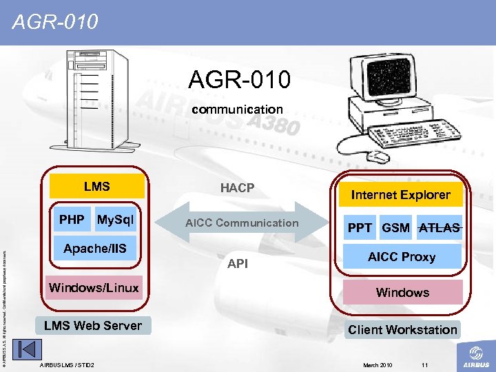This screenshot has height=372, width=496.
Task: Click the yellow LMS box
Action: click(96, 187)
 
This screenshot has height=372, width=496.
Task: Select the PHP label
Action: click(72, 220)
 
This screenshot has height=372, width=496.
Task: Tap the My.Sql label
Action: click(116, 220)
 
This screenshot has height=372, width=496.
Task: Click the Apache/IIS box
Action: click(95, 249)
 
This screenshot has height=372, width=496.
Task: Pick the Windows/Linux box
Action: click(93, 288)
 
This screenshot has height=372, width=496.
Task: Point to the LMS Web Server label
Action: click(93, 326)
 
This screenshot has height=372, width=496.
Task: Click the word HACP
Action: click(237, 188)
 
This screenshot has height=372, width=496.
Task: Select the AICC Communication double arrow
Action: click(241, 223)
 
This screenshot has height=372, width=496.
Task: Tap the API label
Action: click(238, 264)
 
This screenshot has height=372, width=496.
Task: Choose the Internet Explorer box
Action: click(400, 195)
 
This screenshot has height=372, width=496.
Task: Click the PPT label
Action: click(360, 227)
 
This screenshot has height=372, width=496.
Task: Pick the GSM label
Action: click(396, 227)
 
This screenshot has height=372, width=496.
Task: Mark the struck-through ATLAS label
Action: click(440, 227)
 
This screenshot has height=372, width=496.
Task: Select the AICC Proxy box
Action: click(402, 257)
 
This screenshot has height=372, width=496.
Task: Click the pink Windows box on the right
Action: click(402, 293)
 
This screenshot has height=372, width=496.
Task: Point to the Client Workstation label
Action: click(402, 330)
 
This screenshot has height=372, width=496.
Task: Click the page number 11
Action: click(424, 364)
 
